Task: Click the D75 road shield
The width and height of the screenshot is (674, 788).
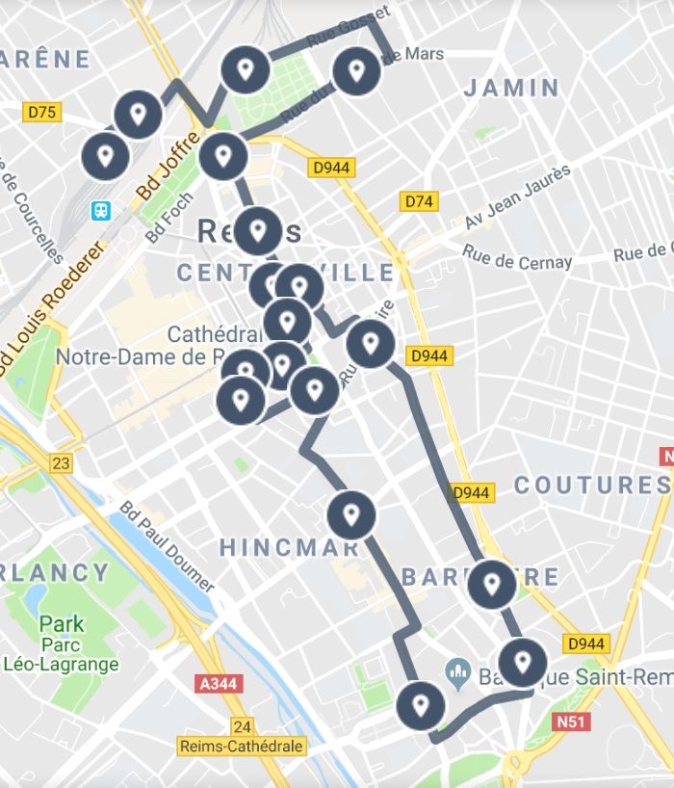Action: click(42, 113)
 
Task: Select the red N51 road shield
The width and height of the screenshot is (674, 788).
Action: click(572, 721)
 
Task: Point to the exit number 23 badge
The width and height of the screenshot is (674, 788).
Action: click(61, 464)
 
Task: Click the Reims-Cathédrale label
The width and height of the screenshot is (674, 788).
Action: click(241, 746)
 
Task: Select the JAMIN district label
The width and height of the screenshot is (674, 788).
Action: click(511, 89)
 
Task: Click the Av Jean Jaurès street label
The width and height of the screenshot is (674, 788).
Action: click(517, 197)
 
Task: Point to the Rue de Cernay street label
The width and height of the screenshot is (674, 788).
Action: click(517, 257)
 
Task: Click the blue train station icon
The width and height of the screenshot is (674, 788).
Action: click(101, 210)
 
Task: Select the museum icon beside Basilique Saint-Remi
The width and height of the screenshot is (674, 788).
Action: click(458, 670)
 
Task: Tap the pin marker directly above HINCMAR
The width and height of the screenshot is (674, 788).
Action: click(351, 515)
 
